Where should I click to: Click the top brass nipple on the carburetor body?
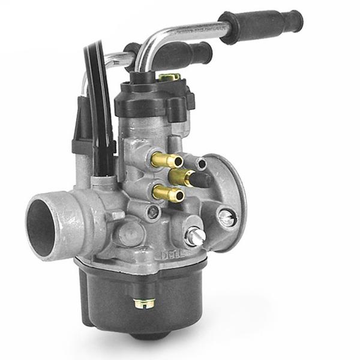tap(167, 160)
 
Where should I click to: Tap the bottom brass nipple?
tap(167, 193)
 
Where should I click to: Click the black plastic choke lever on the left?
tap(84, 132)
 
